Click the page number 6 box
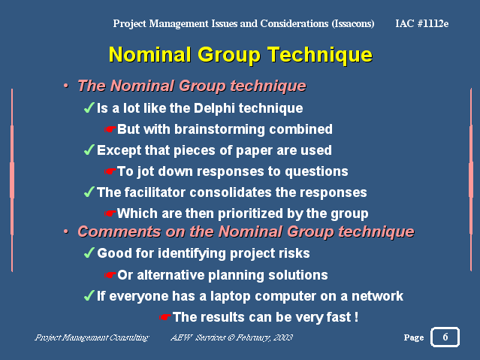pyautogui.click(x=445, y=337)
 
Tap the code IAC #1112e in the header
pyautogui.click(x=422, y=23)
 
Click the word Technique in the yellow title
pyautogui.click(x=320, y=55)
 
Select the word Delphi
pyautogui.click(x=214, y=108)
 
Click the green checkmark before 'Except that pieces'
pyautogui.click(x=89, y=150)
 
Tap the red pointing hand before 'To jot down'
pyautogui.click(x=110, y=171)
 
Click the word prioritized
pyautogui.click(x=250, y=213)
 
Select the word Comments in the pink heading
pyautogui.click(x=119, y=231)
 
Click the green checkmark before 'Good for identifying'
pyautogui.click(x=89, y=253)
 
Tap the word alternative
pyautogui.click(x=171, y=275)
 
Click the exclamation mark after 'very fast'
pyautogui.click(x=356, y=317)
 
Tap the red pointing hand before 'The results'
pyautogui.click(x=165, y=317)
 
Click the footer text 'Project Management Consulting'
pyautogui.click(x=92, y=337)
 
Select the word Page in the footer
pyautogui.click(x=414, y=337)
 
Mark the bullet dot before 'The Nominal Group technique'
pyautogui.click(x=66, y=86)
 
